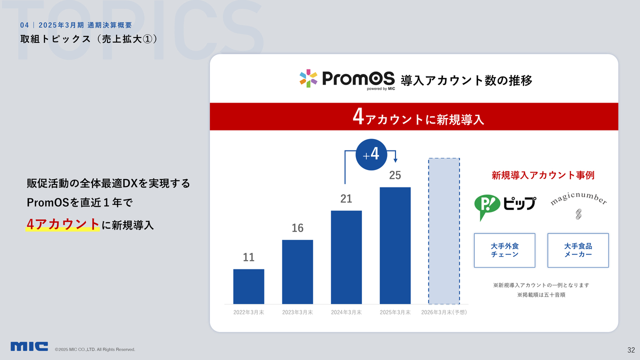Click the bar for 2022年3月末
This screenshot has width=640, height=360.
point(248,286)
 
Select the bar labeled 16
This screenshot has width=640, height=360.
point(297,271)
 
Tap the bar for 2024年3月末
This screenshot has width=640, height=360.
point(346,257)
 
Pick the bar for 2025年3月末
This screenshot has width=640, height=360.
point(395,245)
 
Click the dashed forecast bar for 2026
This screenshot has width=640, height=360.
point(444,231)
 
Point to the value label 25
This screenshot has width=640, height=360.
point(395,175)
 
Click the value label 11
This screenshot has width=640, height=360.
point(248,257)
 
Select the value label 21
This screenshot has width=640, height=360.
point(346,198)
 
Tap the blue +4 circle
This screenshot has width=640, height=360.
point(371,154)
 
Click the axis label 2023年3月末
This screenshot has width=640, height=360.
point(297,312)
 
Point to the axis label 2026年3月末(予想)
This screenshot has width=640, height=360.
point(444,312)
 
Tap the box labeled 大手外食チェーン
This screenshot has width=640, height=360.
point(504,250)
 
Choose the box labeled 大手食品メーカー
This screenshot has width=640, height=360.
point(578,250)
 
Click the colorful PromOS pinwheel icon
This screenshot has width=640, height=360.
point(308,78)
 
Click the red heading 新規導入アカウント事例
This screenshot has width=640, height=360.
point(543,175)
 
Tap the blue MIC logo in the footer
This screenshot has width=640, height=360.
point(29,346)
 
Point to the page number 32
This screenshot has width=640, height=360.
point(631,350)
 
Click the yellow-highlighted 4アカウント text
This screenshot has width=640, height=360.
point(62,224)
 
